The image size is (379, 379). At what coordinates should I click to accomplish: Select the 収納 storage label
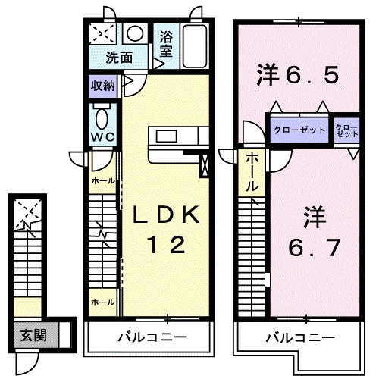tap(104, 85)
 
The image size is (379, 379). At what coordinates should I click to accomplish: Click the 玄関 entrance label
tap(33, 334)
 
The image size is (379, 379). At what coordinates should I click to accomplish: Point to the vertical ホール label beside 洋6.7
tap(252, 173)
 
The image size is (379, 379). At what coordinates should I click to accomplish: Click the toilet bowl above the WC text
tap(102, 117)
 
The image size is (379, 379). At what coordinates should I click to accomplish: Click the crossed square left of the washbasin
tap(102, 34)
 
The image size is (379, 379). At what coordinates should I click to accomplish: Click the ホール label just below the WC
tap(102, 181)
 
